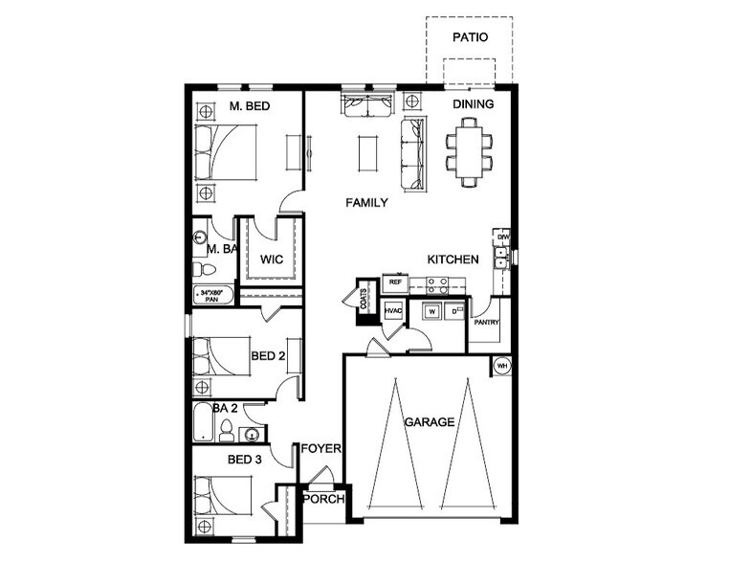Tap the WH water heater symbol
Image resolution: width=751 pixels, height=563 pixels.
(501, 365)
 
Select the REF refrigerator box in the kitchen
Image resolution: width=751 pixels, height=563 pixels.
(393, 283)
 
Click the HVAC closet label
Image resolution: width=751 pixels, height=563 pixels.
(392, 312)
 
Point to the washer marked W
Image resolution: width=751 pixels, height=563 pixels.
(432, 312)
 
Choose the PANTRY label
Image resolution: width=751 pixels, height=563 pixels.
(487, 323)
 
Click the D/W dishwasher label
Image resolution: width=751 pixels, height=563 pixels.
(501, 236)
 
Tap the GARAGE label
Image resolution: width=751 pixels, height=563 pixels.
(428, 421)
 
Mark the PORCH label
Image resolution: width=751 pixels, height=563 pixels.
(323, 500)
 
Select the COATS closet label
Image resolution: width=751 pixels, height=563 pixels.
(364, 297)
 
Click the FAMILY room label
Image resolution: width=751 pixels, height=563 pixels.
(366, 203)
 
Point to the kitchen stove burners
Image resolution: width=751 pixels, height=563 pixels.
(436, 284)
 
